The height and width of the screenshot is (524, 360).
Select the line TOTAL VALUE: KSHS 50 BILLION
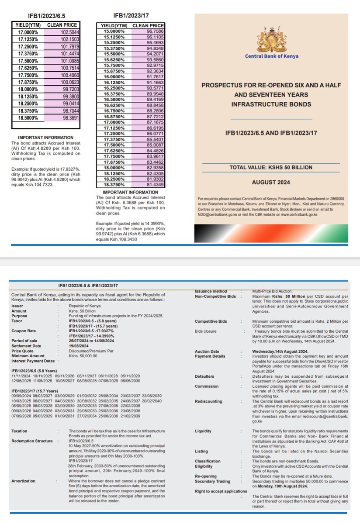click(271, 167)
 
